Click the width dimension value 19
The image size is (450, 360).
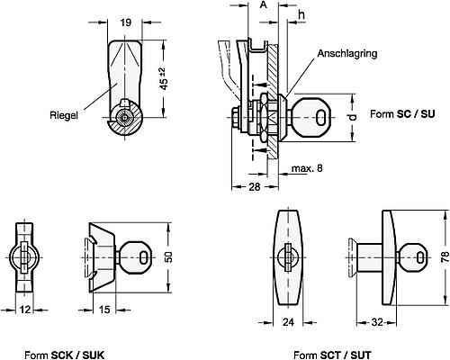[x=126, y=22]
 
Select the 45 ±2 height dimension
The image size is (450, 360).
[x=164, y=78]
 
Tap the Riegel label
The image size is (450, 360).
[x=64, y=115]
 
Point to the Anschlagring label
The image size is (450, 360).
[x=347, y=53]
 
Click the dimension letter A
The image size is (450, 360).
[x=263, y=4]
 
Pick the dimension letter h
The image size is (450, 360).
[x=301, y=14]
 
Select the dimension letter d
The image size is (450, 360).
[x=353, y=117]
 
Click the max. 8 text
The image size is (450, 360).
[x=307, y=168]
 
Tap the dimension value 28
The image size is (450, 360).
[x=255, y=187]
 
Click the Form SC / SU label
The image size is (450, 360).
[x=402, y=114]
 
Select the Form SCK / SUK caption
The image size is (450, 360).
[x=64, y=355]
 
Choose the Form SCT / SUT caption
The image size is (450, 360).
[x=332, y=355]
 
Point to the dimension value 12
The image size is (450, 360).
[x=25, y=310]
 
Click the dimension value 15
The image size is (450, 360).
[x=104, y=310]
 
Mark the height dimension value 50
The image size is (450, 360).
[x=169, y=257]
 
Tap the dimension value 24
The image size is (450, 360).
[x=288, y=322]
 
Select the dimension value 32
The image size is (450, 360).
[x=377, y=322]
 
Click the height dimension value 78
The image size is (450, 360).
[x=445, y=257]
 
